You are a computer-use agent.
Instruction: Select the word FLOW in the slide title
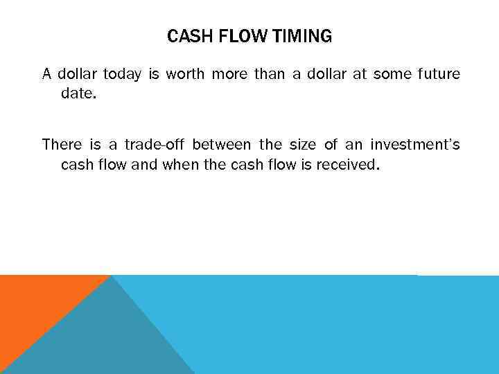pyautogui.click(x=242, y=37)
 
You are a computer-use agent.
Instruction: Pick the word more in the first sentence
pyautogui.click(x=229, y=74)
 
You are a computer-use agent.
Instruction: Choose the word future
pyautogui.click(x=438, y=74)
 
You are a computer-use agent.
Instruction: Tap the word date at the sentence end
pyautogui.click(x=77, y=93)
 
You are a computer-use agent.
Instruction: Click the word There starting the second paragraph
pyautogui.click(x=62, y=145)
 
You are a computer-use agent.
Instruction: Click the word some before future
pyautogui.click(x=392, y=74)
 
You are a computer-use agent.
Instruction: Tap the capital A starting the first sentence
pyautogui.click(x=46, y=74)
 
